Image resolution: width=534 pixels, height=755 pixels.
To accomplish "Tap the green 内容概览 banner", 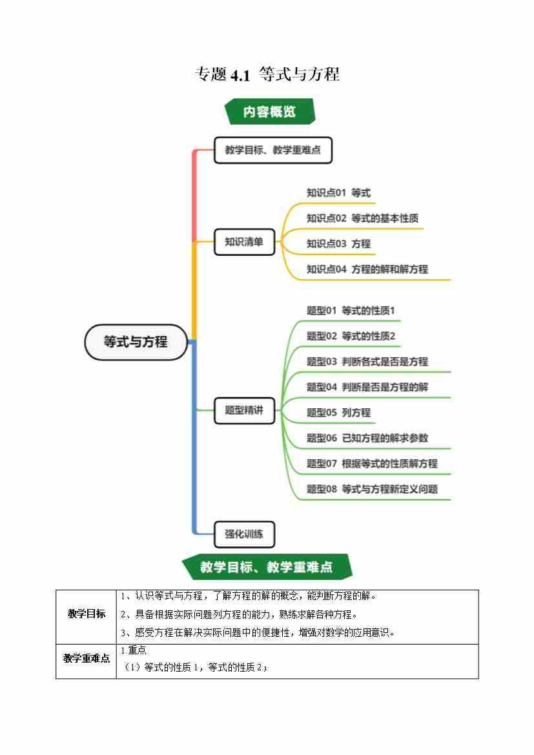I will (269, 111).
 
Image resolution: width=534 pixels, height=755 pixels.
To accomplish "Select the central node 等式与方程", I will (136, 342).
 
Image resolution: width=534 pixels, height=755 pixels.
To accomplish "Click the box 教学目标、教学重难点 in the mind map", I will (272, 150).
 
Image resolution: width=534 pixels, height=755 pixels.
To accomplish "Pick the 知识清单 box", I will (244, 242).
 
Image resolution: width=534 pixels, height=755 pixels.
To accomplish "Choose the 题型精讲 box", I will (244, 409).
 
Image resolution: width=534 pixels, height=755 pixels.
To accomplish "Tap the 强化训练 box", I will (244, 534).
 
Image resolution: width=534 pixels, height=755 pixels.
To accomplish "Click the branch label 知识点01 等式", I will (338, 192).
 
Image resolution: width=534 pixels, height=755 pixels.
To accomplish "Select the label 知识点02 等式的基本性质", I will (362, 218).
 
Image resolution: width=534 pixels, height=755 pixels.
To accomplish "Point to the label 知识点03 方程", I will (338, 243).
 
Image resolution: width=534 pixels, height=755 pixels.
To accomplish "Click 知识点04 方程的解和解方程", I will (367, 269).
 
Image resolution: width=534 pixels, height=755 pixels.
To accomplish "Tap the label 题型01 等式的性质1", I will (351, 311).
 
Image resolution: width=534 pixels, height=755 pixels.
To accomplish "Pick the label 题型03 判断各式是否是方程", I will (367, 361).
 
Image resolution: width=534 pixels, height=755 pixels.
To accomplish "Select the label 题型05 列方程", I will (338, 412).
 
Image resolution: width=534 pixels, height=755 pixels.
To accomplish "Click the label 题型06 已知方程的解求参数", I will (367, 438).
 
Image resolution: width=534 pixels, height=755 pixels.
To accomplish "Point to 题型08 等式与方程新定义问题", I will (372, 489).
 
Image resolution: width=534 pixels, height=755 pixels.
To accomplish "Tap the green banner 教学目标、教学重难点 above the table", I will (267, 567).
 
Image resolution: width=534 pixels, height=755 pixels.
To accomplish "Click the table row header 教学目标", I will (87, 614).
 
